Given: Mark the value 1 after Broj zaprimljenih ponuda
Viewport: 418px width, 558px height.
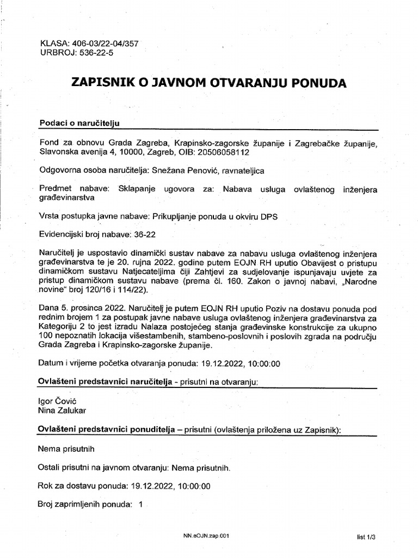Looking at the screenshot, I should click(141, 504).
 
